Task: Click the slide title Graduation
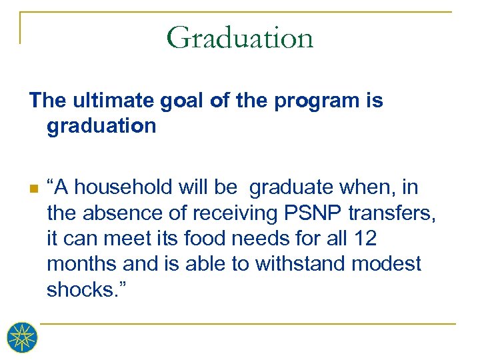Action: point(240,37)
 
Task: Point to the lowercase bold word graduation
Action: point(101,126)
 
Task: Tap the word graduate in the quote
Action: point(288,188)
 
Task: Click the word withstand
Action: point(290,264)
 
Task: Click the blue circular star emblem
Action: point(22,337)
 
